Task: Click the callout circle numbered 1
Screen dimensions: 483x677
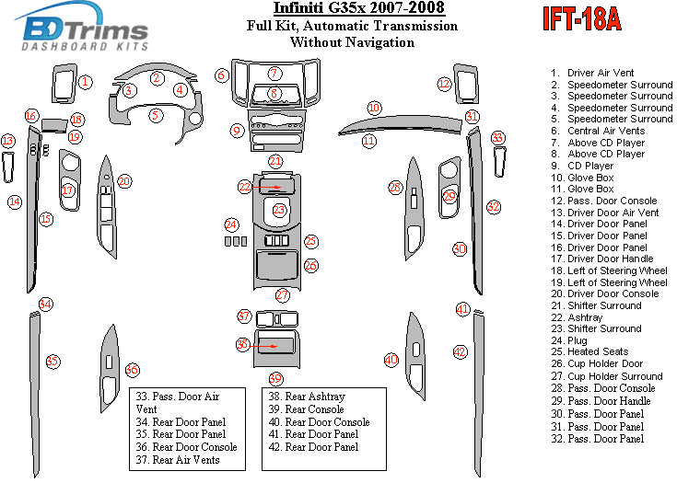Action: [x=85, y=82]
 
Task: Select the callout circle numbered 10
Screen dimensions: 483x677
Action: [x=373, y=108]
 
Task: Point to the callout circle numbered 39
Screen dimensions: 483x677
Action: [x=275, y=379]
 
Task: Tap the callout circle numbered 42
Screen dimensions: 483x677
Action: [x=460, y=351]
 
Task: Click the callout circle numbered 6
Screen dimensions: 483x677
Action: [x=221, y=75]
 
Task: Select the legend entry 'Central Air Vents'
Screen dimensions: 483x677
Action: [x=605, y=131]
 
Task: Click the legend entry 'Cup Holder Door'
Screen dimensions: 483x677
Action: [x=605, y=363]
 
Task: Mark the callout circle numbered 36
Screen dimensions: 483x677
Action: [x=132, y=369]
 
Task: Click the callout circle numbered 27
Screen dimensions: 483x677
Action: [x=283, y=295]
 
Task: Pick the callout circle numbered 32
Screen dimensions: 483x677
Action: [x=494, y=207]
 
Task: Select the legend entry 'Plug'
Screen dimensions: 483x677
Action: [x=578, y=340]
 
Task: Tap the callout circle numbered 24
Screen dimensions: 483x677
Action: [x=231, y=224]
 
